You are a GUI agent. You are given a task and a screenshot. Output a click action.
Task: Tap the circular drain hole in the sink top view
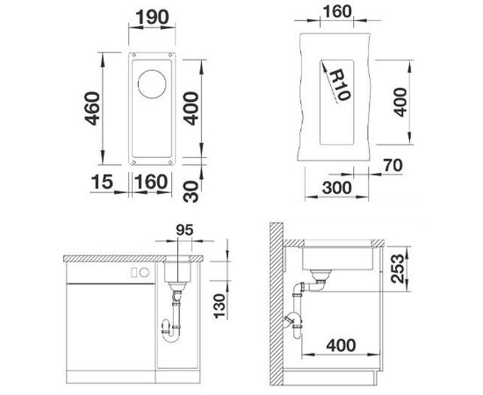[154, 87]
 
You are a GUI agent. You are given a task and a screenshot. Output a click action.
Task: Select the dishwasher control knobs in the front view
[137, 273]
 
